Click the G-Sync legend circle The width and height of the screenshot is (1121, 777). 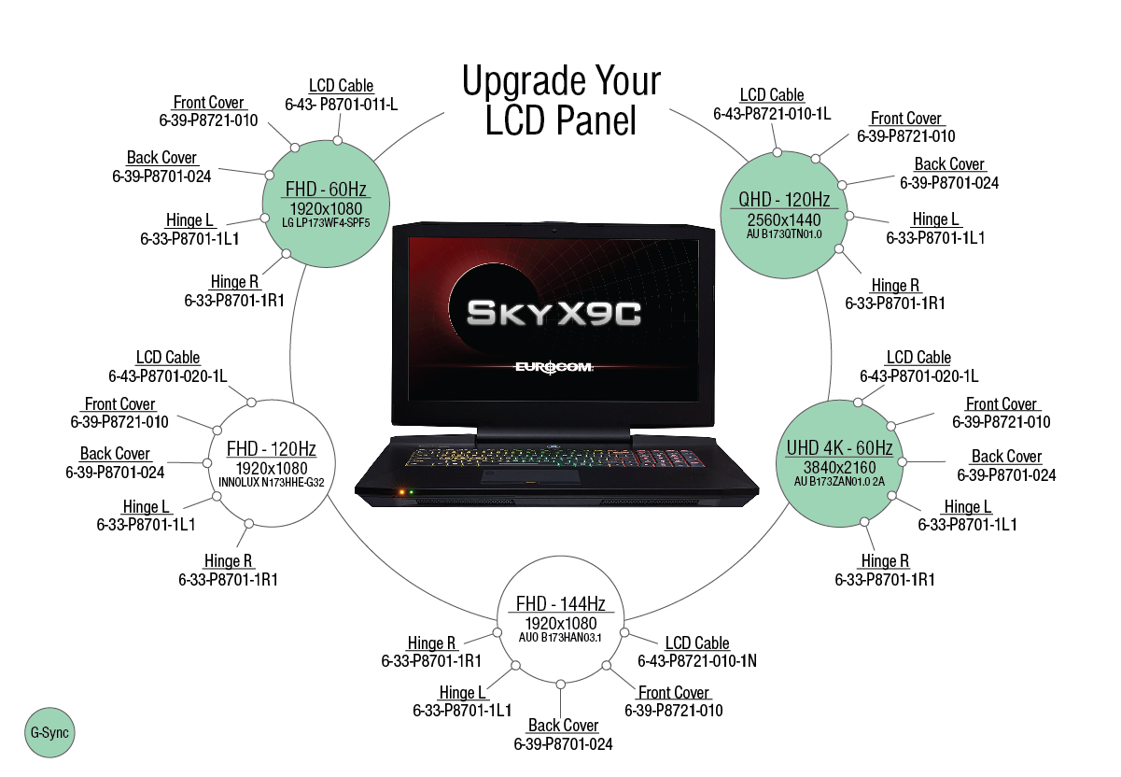[x=49, y=734]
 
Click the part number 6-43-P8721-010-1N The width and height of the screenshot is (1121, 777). [x=697, y=661]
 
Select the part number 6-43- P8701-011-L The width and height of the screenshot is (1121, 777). [x=341, y=104]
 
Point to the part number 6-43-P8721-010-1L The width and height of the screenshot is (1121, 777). [x=772, y=114]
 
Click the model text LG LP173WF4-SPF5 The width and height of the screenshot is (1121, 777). [x=327, y=223]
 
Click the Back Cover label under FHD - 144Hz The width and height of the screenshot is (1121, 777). [x=564, y=726]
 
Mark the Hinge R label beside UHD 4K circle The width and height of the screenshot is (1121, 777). [x=885, y=561]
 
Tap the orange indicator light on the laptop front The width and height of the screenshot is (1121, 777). [x=399, y=491]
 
